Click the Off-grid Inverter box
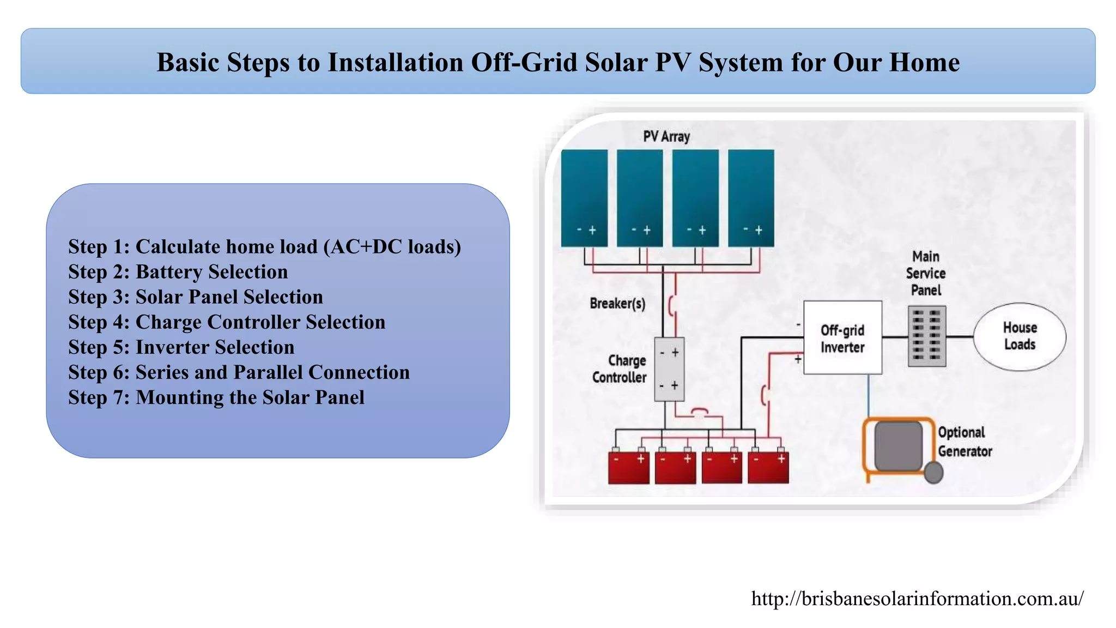842,337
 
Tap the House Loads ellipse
1020,336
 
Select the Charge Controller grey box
669,369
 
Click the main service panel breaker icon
927,336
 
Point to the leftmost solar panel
584,197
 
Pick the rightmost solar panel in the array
751,197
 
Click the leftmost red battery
628,467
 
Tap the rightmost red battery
768,467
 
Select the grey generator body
898,446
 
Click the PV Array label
666,136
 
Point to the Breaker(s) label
617,303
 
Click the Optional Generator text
964,442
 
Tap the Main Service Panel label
926,273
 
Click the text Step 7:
99,397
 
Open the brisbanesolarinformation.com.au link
917,599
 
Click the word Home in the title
924,62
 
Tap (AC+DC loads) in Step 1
392,246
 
